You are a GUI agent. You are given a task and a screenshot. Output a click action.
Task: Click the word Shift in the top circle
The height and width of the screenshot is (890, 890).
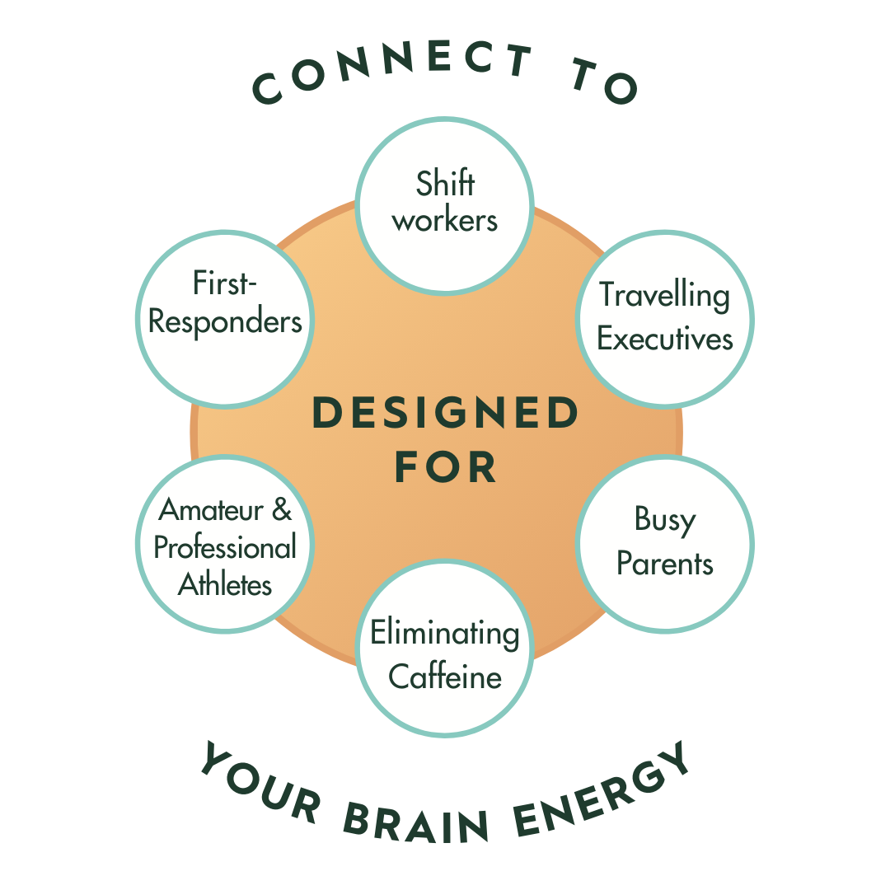(445, 183)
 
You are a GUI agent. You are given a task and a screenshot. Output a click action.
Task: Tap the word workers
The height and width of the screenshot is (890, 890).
(445, 221)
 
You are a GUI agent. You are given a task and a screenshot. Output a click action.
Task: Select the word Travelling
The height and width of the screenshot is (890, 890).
(664, 296)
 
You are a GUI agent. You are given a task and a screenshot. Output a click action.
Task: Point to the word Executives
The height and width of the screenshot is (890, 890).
(664, 339)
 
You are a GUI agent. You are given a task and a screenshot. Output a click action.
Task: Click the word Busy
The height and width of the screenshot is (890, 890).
(664, 520)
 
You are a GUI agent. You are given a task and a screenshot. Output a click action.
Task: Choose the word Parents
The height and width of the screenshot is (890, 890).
(664, 564)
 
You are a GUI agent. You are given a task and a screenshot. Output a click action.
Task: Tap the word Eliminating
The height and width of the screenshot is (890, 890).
(445, 634)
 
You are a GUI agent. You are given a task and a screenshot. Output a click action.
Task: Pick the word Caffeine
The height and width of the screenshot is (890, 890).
(445, 677)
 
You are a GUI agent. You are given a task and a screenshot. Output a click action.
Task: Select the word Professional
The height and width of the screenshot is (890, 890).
(225, 548)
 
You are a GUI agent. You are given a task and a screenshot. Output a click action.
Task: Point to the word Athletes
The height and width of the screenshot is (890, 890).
(225, 585)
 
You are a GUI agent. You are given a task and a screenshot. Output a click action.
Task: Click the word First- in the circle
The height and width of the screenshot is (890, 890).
(225, 283)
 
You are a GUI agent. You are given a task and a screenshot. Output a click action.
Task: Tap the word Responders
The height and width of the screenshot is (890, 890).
(225, 321)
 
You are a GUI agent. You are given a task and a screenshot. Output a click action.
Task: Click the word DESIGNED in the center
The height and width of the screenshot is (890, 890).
(445, 414)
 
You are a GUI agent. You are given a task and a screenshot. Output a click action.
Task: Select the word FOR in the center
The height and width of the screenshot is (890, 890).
(445, 467)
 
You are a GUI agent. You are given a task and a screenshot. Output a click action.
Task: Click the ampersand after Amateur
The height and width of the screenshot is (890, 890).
(281, 510)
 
